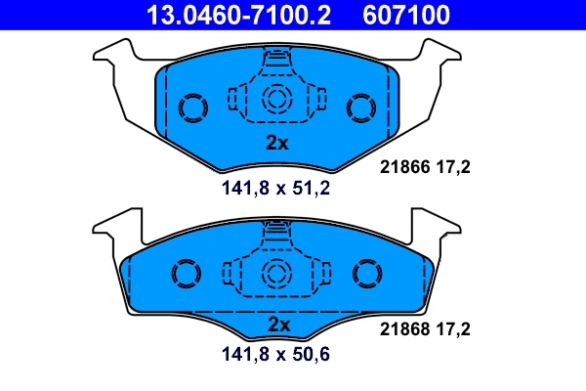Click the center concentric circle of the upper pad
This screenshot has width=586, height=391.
pyautogui.click(x=277, y=98)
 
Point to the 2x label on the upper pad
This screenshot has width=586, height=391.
pyautogui.click(x=278, y=143)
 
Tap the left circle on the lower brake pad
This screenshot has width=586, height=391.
pyautogui.click(x=186, y=274)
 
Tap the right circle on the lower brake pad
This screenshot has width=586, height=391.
pyautogui.click(x=369, y=274)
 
